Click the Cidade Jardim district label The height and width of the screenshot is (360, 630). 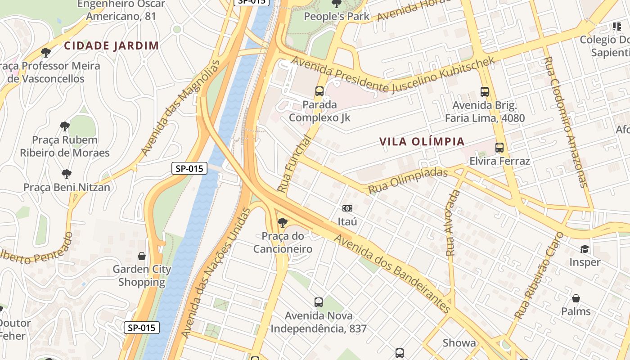pos(111,45)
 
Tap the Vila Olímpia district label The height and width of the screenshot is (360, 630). pos(422,142)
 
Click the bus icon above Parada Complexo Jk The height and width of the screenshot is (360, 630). pos(319,91)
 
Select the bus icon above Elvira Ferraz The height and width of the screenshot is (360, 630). pos(499,148)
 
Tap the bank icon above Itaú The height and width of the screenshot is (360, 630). pos(347,208)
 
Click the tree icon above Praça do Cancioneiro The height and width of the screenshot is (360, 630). pos(283,222)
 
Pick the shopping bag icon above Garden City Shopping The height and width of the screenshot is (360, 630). pos(142,256)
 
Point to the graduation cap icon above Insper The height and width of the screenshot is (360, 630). pos(585,249)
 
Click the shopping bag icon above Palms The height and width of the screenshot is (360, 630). pos(576,298)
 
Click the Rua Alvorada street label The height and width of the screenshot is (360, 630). pos(453,223)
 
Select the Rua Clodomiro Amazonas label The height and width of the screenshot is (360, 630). pos(565,121)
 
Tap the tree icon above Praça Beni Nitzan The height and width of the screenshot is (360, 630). pos(67,174)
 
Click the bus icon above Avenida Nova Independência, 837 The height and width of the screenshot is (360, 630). pos(319,302)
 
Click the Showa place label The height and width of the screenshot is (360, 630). pos(459,343)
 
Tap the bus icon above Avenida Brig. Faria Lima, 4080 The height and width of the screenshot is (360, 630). pos(485,92)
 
